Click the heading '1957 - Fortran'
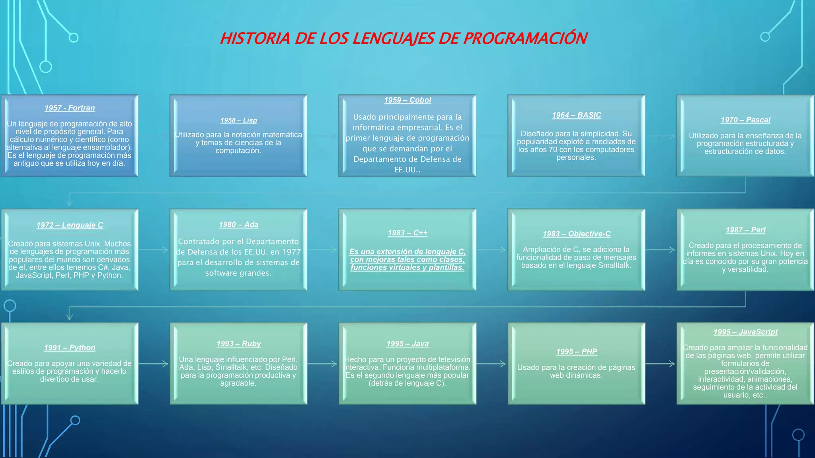click(70, 108)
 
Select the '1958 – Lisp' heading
click(238, 120)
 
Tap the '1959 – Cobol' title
click(407, 100)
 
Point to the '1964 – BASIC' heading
click(576, 115)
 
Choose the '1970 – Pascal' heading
click(745, 120)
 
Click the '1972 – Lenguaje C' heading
click(70, 225)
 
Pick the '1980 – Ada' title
click(238, 225)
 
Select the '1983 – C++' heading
click(407, 233)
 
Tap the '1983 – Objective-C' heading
click(576, 234)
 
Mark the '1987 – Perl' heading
click(745, 230)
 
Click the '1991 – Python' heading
click(70, 347)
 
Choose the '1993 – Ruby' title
click(238, 343)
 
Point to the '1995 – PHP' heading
click(576, 351)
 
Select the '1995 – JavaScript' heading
click(745, 332)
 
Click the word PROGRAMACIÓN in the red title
click(525, 39)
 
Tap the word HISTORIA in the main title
click(255, 39)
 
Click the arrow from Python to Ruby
click(154, 363)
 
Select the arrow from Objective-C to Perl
click(661, 250)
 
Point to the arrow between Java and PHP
click(492, 363)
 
